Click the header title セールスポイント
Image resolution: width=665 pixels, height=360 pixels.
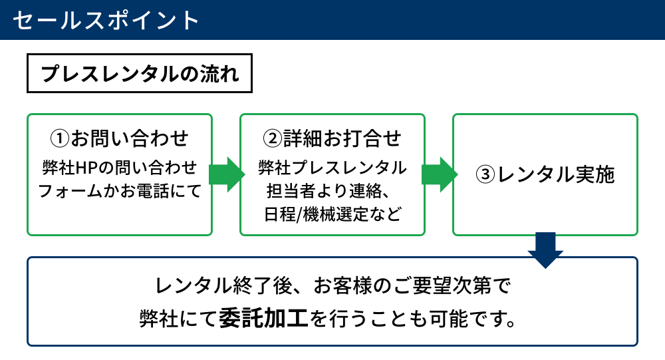(106, 20)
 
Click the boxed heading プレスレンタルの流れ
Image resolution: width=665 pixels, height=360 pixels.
(140, 73)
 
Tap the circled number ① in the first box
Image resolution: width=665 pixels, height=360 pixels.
(59, 138)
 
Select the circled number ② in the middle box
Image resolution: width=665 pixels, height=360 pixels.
(272, 138)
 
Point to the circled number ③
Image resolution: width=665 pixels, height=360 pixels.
(485, 174)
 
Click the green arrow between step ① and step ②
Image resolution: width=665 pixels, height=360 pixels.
(227, 174)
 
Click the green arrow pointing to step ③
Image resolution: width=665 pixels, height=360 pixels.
(440, 174)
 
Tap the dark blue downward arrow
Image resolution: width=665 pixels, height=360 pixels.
(545, 250)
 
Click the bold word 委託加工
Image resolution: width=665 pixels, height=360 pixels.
(264, 318)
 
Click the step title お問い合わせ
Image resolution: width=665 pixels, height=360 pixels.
(130, 138)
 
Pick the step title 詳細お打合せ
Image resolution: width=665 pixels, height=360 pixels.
(342, 138)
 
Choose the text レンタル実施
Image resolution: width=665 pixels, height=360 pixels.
(555, 174)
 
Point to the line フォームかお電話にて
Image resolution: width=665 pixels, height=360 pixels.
(120, 191)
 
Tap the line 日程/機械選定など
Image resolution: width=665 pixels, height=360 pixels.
(332, 214)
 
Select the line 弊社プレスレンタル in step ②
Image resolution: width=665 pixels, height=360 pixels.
(332, 168)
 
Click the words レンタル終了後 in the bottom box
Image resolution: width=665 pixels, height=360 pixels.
(224, 285)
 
